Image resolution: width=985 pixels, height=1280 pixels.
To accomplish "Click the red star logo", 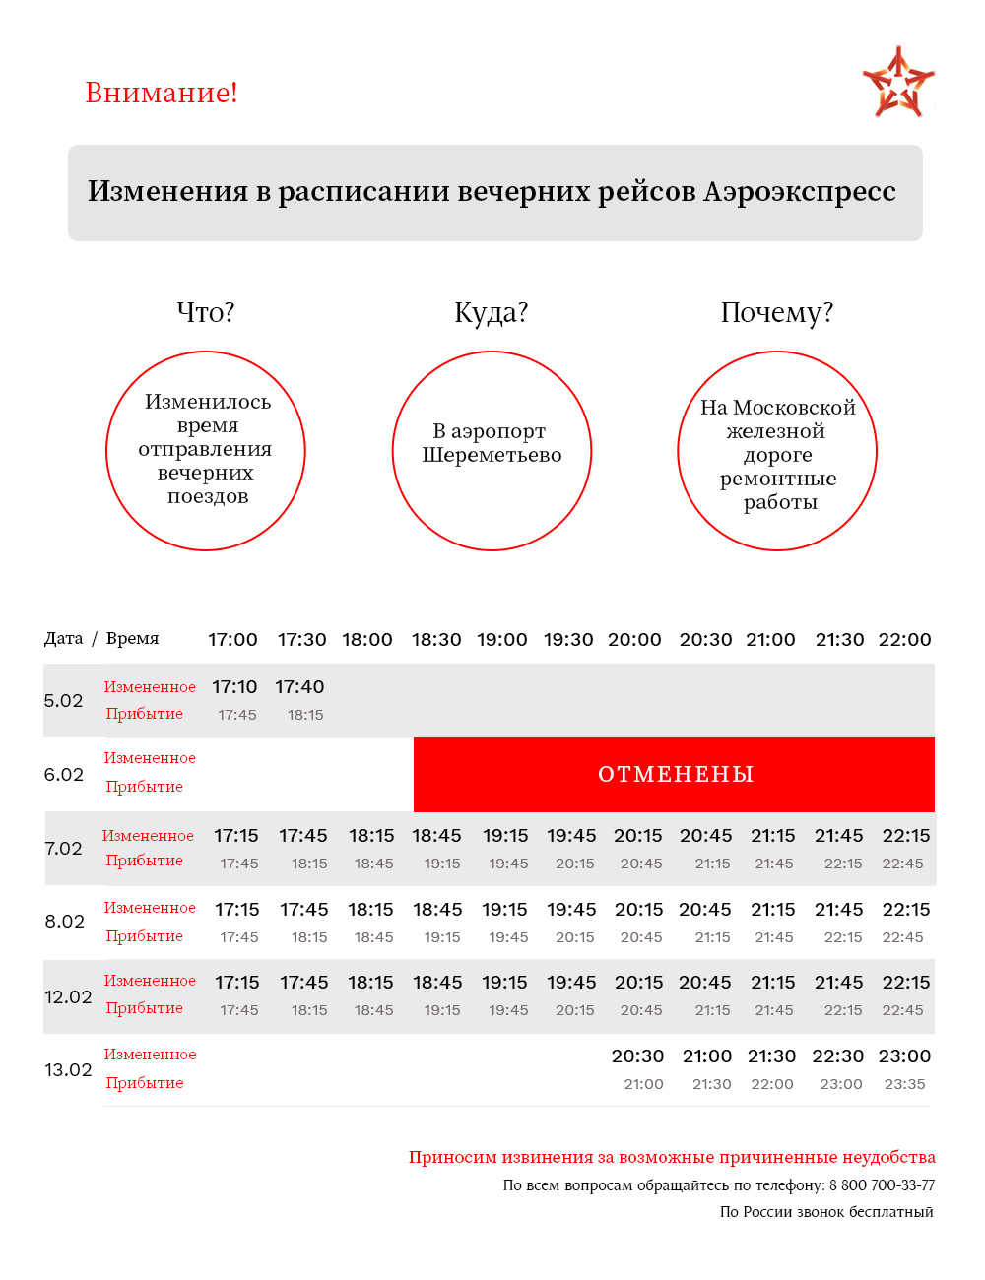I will point(897,83).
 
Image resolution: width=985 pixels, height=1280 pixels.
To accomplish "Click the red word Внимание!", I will point(162,93).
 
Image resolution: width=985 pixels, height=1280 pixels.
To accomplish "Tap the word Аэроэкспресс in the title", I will point(799,191).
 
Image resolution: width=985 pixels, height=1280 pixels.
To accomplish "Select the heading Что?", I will point(206,312).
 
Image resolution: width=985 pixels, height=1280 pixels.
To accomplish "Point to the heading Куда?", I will point(492,312).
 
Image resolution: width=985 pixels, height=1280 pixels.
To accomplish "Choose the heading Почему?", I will point(777,312).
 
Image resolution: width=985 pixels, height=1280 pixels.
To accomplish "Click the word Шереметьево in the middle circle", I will point(492,455).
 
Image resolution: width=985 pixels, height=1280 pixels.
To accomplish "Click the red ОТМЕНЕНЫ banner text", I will point(676,775).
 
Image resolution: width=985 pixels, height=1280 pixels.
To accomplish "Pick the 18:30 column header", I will point(436,639).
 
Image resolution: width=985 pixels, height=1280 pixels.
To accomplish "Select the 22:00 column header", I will point(904,639).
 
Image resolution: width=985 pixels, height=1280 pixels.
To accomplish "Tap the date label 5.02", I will point(64,701).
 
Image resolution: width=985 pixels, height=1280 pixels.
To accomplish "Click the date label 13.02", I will point(68,1070).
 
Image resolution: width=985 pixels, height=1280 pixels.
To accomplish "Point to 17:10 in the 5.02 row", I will point(234,687).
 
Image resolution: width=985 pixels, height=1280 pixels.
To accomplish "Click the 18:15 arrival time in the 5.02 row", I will point(305,715).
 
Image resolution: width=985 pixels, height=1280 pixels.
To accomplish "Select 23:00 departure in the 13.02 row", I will point(904,1056).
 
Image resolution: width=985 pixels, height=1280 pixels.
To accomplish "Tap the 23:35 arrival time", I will point(904,1084).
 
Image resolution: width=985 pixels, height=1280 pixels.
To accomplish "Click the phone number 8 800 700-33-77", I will point(882,1185).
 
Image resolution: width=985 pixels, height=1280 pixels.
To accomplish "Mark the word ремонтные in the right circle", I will point(778,479).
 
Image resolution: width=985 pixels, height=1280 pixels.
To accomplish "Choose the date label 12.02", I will point(68,997).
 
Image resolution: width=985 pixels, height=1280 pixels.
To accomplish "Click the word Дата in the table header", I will point(64,639).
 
